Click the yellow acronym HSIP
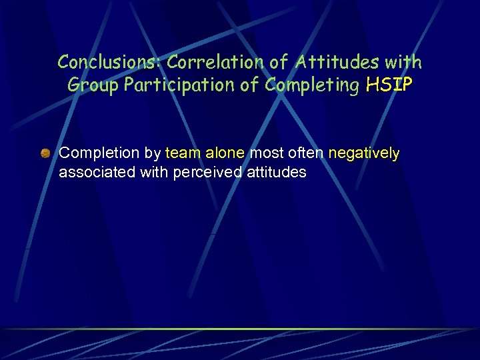(389, 85)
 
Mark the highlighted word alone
(225, 153)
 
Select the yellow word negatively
(364, 153)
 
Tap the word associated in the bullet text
(97, 173)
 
